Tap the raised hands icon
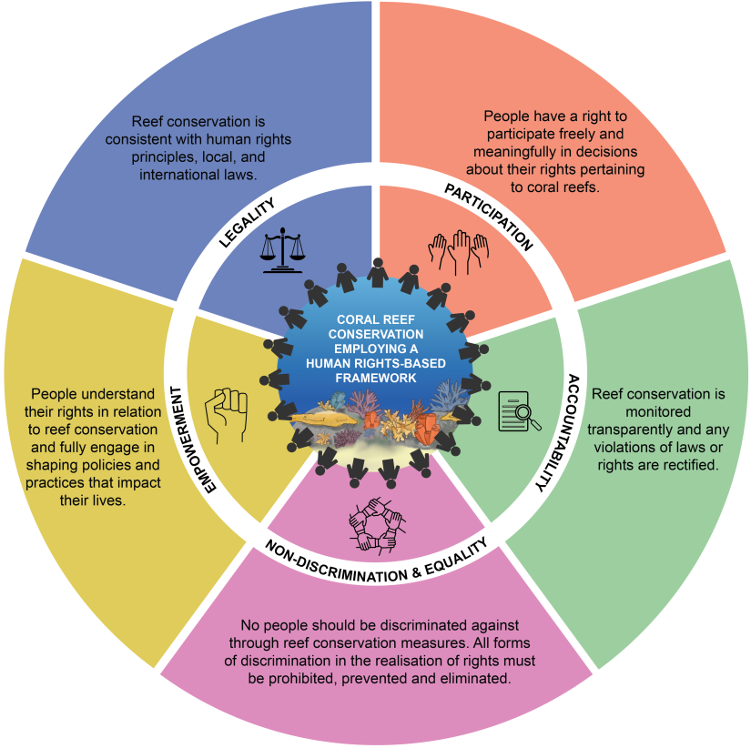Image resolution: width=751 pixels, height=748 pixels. [459, 250]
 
